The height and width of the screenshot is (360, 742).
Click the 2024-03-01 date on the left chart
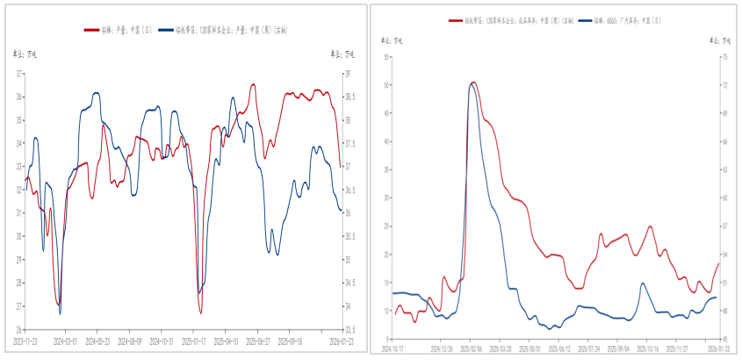(x=66, y=342)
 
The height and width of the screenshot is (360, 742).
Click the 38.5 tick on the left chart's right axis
(x=346, y=97)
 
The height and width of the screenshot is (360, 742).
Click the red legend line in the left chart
(x=91, y=30)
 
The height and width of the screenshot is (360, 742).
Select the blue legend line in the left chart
(x=168, y=30)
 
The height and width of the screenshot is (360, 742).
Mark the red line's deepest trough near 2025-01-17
(x=200, y=313)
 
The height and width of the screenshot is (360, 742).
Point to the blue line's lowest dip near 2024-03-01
(x=60, y=313)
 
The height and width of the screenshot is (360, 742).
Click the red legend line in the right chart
(x=456, y=18)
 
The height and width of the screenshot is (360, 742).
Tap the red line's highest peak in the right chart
(x=473, y=83)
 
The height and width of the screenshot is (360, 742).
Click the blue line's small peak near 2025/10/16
(x=643, y=284)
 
